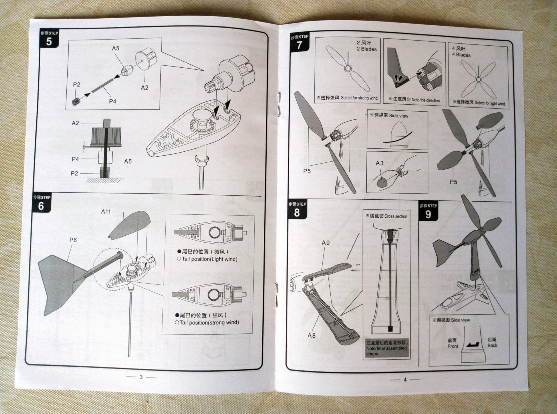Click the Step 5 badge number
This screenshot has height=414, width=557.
pyautogui.click(x=49, y=42)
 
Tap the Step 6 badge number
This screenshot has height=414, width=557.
pyautogui.click(x=41, y=206)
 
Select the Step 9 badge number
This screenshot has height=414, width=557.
pyautogui.click(x=428, y=214)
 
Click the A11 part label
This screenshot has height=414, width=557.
pyautogui.click(x=106, y=212)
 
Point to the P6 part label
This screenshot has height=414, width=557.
pyautogui.click(x=73, y=240)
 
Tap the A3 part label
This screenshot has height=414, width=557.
pyautogui.click(x=379, y=163)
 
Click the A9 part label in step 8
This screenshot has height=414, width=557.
pyautogui.click(x=325, y=243)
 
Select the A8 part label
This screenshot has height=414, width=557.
pyautogui.click(x=311, y=335)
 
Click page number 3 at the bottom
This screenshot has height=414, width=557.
pyautogui.click(x=141, y=377)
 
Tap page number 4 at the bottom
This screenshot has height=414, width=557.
pyautogui.click(x=405, y=379)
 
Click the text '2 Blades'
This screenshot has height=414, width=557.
pyautogui.click(x=367, y=49)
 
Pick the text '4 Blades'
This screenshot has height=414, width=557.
pyautogui.click(x=461, y=55)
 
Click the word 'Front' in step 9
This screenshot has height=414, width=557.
pyautogui.click(x=453, y=346)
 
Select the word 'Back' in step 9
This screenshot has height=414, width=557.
pyautogui.click(x=492, y=345)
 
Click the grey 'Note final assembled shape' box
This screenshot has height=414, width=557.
pyautogui.click(x=386, y=348)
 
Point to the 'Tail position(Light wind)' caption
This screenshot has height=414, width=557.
pyautogui.click(x=209, y=259)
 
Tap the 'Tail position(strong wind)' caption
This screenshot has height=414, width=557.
pyautogui.click(x=209, y=322)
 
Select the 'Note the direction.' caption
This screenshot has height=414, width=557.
pyautogui.click(x=426, y=100)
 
